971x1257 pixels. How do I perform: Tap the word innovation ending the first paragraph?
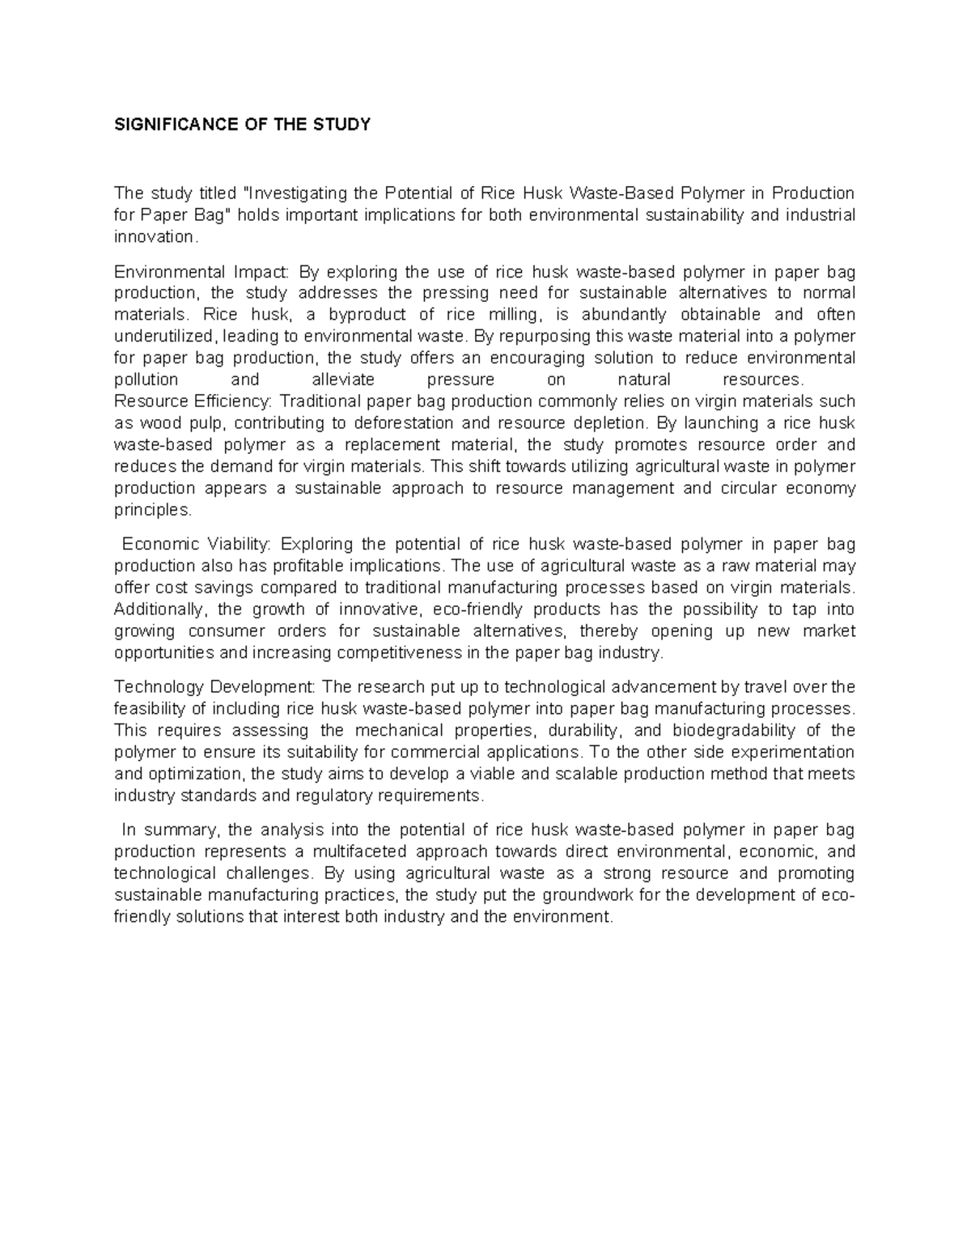[154, 236]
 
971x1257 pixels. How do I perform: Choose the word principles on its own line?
[152, 510]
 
